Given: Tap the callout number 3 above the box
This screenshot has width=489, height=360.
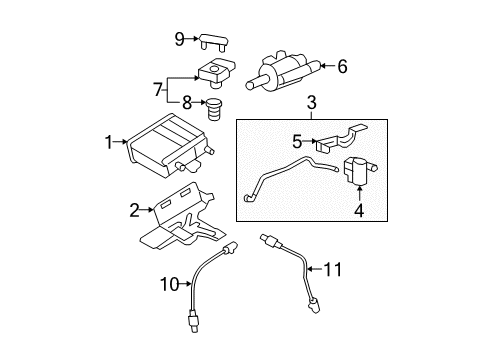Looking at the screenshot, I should pos(311,103).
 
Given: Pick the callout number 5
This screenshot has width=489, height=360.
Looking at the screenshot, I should pos(295,143).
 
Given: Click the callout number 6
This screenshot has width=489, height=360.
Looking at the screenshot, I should pos(342,67).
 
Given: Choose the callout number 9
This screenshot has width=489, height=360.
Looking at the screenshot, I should pos(180,40).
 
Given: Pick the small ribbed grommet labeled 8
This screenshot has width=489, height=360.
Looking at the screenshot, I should pos(213,107).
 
